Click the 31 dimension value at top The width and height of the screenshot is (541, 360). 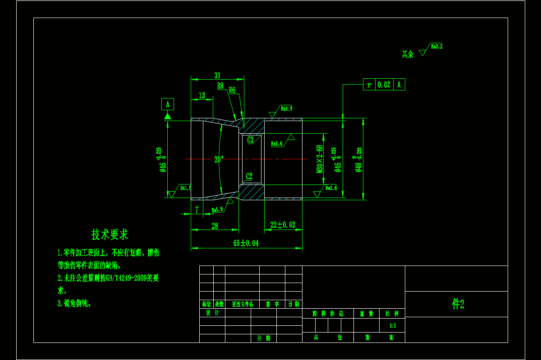[x=217, y=75]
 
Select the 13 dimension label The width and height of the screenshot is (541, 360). [x=202, y=95]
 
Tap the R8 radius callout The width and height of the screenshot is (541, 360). [x=220, y=85]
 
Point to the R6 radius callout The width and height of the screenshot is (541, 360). [x=232, y=90]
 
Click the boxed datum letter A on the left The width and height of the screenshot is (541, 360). [x=167, y=104]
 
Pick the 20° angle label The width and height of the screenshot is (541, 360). [x=219, y=159]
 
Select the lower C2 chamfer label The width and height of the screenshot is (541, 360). [x=249, y=176]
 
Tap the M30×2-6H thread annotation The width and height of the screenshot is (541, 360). [x=319, y=159]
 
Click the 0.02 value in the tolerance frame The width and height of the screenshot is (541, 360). [x=384, y=85]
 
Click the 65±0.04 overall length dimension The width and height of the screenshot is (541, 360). [x=246, y=243]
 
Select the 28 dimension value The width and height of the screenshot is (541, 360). [x=215, y=226]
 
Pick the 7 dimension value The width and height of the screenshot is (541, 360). [x=197, y=210]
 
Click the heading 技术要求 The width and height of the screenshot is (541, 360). [x=110, y=234]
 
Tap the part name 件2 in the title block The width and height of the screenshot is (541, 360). [x=458, y=305]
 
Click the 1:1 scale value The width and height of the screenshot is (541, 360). [x=392, y=325]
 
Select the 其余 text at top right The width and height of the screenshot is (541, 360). [x=408, y=54]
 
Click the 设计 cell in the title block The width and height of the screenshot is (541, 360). [x=212, y=313]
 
